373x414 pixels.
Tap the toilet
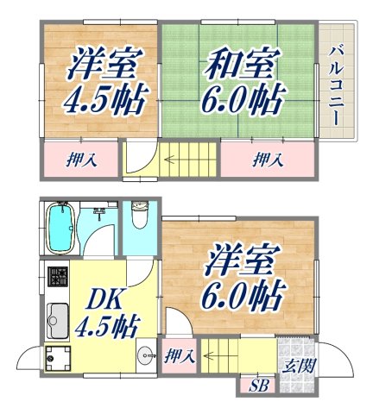[x=138, y=216]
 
